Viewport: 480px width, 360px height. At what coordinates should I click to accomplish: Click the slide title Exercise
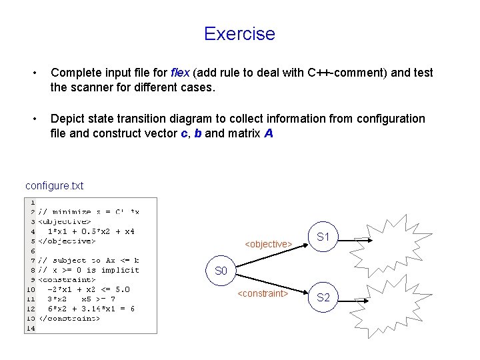point(239,33)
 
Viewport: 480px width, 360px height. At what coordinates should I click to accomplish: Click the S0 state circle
point(222,271)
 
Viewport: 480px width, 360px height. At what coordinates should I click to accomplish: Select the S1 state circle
point(323,237)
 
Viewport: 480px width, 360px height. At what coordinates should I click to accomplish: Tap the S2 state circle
point(323,298)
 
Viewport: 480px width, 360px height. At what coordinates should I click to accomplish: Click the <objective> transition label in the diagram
point(268,245)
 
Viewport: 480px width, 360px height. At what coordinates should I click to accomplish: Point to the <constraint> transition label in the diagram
point(263,293)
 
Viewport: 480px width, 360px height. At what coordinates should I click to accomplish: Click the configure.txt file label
point(54,185)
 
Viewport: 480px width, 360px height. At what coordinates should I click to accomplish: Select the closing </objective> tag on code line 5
point(67,241)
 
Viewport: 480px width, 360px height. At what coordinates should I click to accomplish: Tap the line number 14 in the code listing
point(31,327)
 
